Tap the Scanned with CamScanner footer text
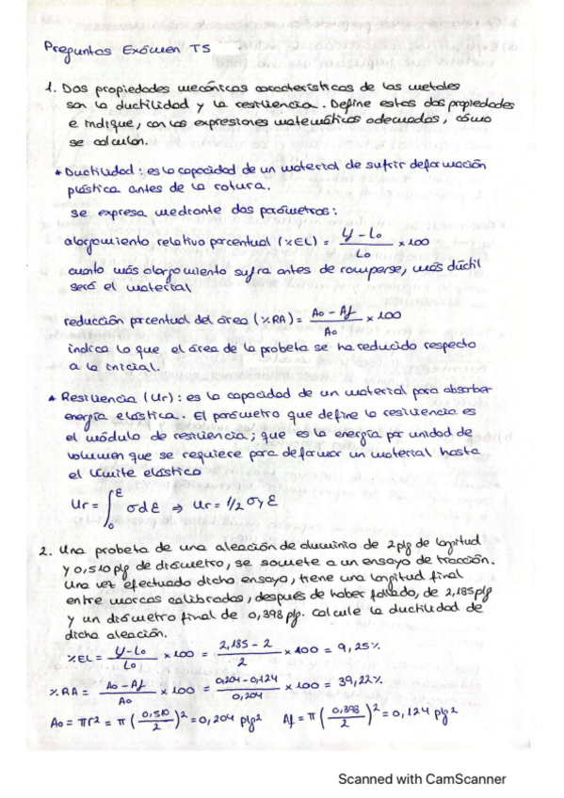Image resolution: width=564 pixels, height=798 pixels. tap(423, 778)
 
